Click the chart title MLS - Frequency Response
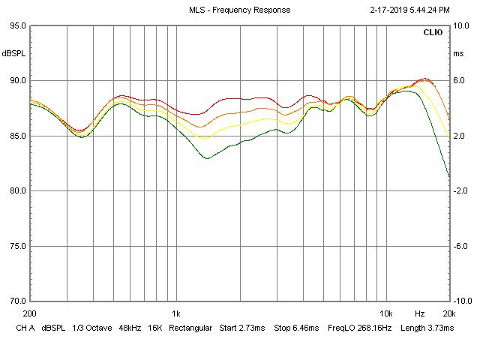[x=239, y=10]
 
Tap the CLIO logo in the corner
[x=433, y=33]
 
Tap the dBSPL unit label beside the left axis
[x=13, y=54]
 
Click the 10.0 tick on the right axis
[x=462, y=25]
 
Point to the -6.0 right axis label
[x=462, y=246]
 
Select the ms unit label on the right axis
[x=458, y=54]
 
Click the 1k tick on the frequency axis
[x=175, y=313]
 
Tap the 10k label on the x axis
[x=385, y=313]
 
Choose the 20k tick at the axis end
[x=448, y=313]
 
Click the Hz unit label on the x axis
[x=420, y=313]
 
